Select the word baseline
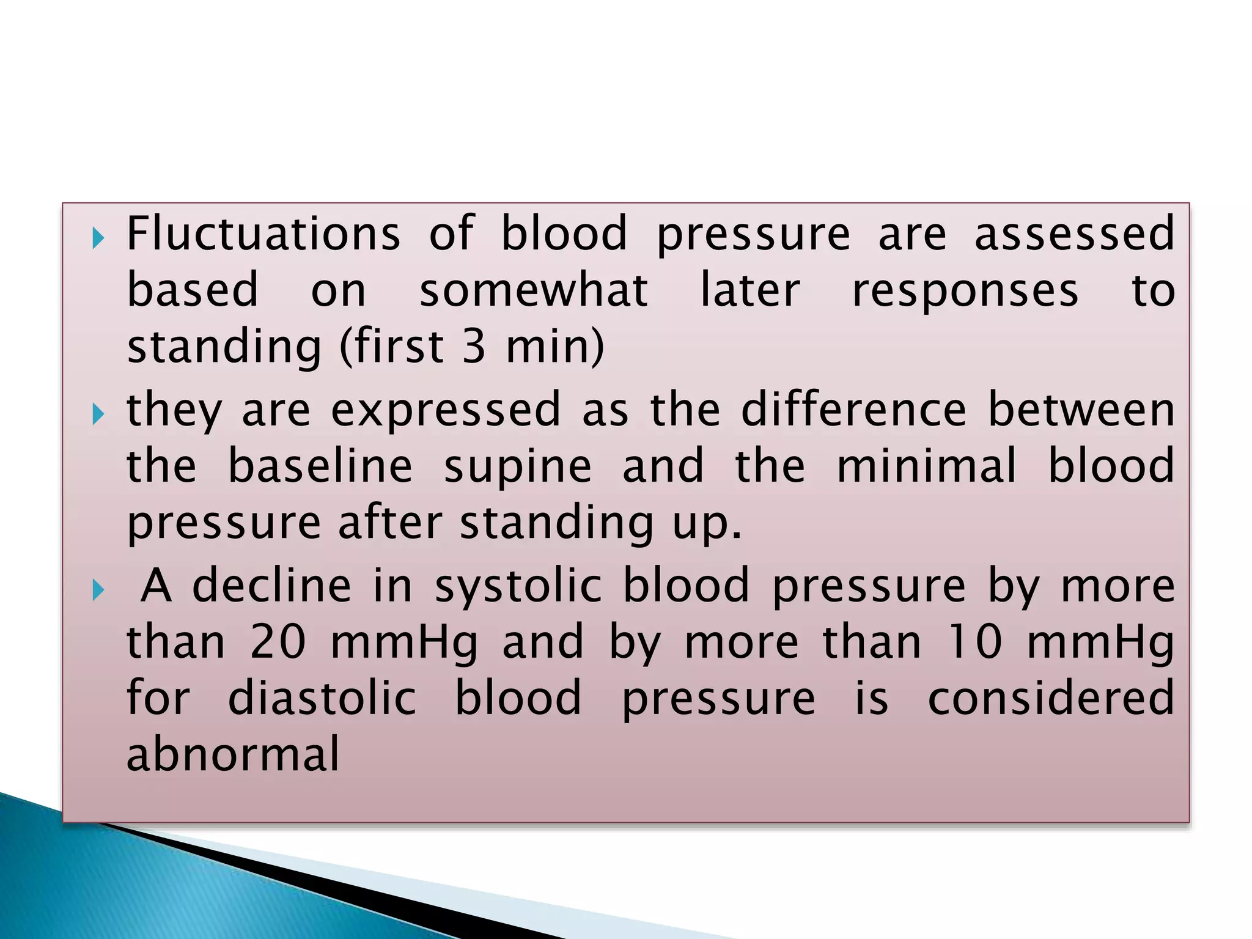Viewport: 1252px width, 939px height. [x=320, y=466]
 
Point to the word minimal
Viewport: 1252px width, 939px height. [x=926, y=466]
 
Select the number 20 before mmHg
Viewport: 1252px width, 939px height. [x=278, y=642]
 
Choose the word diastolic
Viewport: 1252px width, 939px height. [x=322, y=698]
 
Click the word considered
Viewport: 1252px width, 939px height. [x=1051, y=698]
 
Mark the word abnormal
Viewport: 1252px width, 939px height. [x=233, y=754]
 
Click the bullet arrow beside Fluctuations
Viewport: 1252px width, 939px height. [x=98, y=238]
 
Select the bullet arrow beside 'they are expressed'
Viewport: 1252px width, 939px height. [x=98, y=414]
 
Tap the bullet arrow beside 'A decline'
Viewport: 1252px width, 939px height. [x=98, y=591]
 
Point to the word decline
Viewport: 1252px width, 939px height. [x=272, y=585]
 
